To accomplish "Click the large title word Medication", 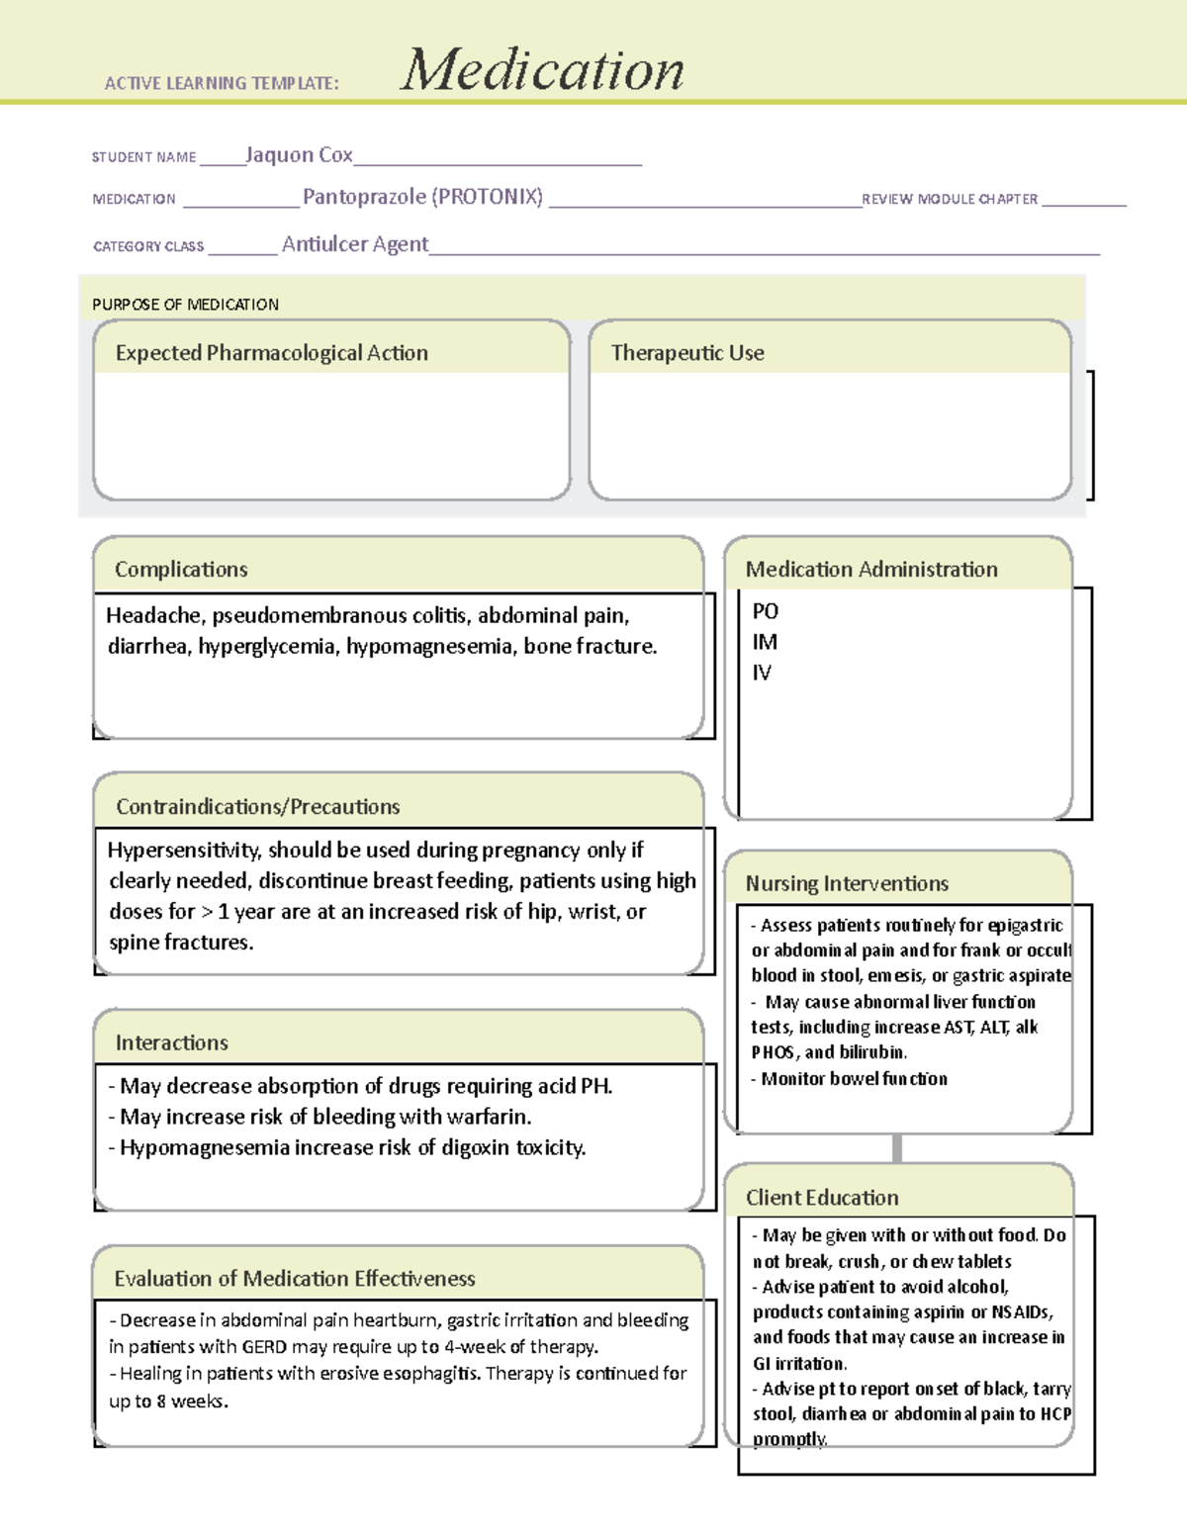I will tap(541, 70).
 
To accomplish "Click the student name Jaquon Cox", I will tap(299, 155).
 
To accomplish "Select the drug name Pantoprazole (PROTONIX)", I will tap(422, 197).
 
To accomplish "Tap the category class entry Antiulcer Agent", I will tap(355, 244).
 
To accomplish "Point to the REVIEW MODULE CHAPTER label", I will tap(950, 200).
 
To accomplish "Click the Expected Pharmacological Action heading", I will tap(272, 353).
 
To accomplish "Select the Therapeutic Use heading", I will tap(687, 353).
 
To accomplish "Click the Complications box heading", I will tap(181, 570).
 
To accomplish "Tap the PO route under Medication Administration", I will tap(765, 611).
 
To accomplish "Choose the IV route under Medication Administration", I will tap(762, 673).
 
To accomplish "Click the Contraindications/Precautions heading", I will tap(258, 807).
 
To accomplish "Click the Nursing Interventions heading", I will tap(847, 884).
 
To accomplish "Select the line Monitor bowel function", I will tap(854, 1079).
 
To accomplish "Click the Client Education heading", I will tap(822, 1198).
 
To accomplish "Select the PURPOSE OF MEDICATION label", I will tap(185, 305).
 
